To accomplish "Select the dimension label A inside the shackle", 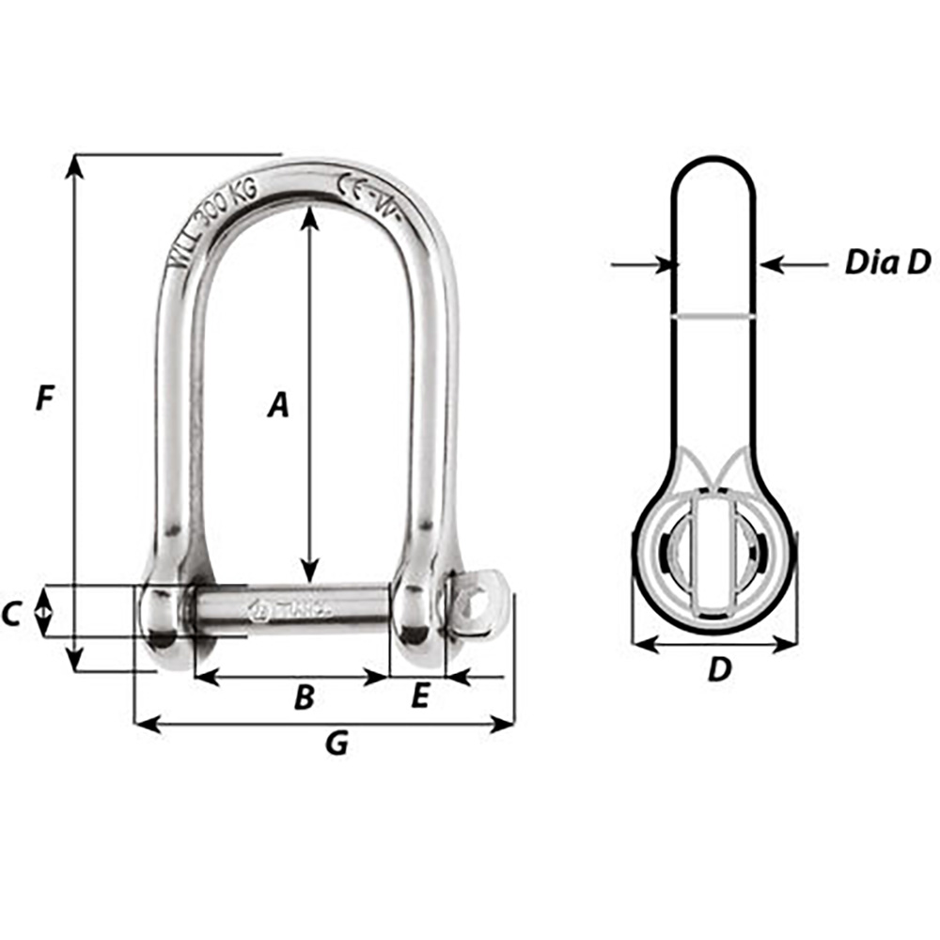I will pos(276,405).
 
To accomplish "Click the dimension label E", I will pos(420,697).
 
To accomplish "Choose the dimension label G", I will pos(336,744).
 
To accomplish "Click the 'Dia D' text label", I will pos(886,263).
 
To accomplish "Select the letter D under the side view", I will pos(718,671).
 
